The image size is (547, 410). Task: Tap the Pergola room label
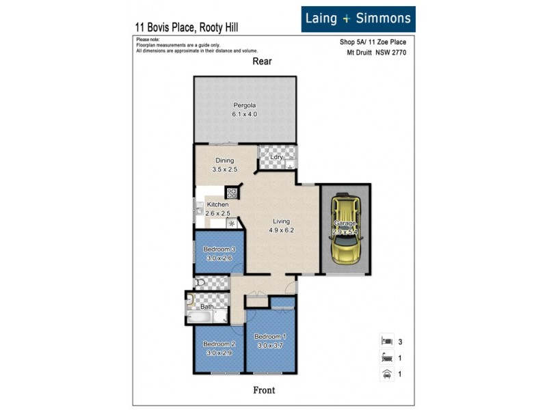[244, 105]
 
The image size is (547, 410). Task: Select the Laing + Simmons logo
[358, 18]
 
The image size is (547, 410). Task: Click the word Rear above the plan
[262, 61]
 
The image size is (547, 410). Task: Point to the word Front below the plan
[264, 389]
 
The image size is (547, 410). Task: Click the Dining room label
[224, 161]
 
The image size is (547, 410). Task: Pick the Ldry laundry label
[276, 157]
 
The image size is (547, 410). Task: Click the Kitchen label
[218, 204]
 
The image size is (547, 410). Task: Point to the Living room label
[281, 221]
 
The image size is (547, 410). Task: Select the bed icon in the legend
[386, 340]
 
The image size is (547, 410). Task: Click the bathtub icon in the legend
[386, 356]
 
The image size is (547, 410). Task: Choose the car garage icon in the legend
[386, 373]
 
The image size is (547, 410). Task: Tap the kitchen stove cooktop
[232, 193]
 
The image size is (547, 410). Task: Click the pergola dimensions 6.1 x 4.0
[244, 114]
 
